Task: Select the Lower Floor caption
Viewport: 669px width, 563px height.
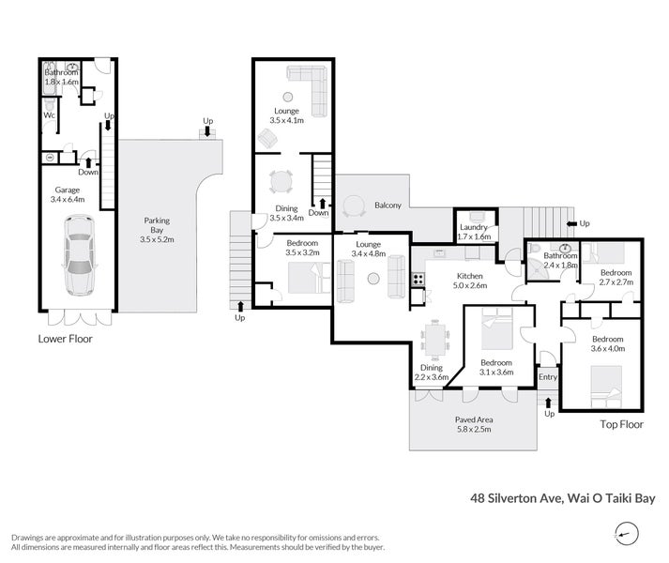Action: [x=65, y=339]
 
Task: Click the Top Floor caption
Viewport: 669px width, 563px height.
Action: [x=621, y=424]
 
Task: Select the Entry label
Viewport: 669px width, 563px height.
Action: [x=546, y=377]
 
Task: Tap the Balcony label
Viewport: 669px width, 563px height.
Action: [x=388, y=205]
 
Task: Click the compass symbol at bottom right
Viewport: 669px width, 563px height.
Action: [x=622, y=534]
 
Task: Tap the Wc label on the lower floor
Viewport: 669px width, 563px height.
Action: [x=48, y=116]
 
